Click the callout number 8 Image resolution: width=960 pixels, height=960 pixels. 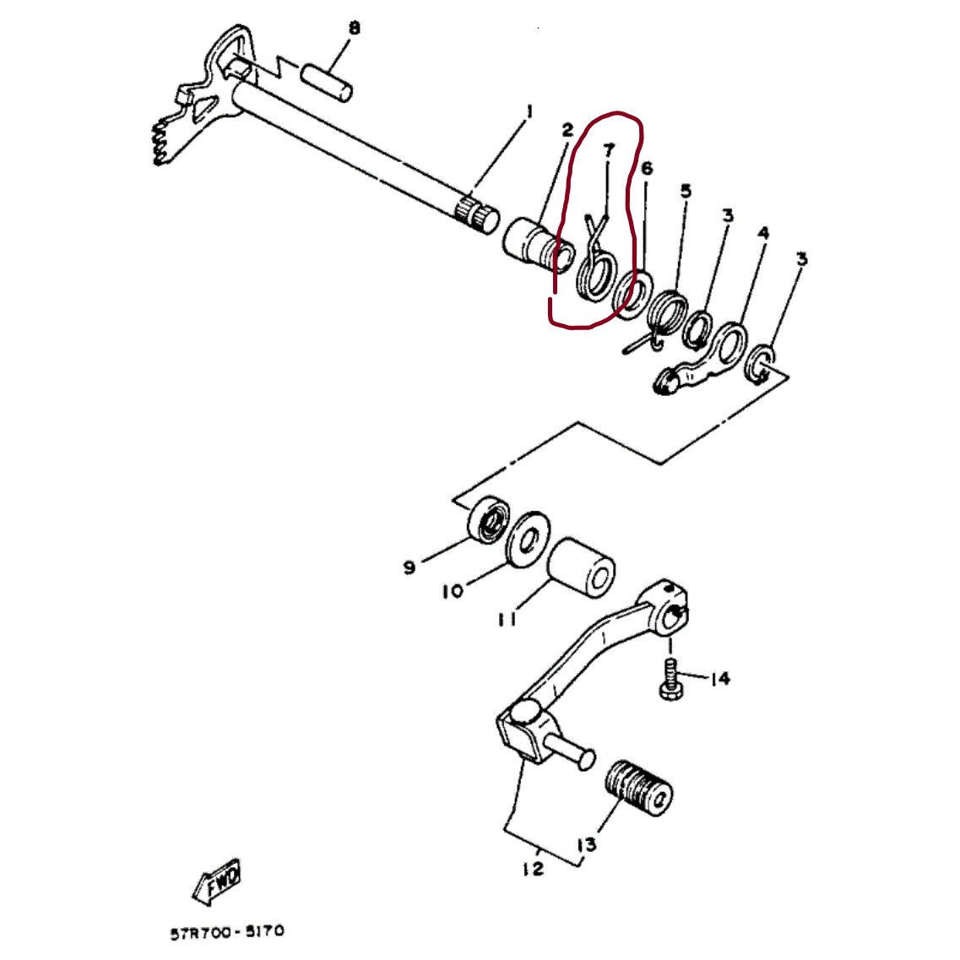click(354, 28)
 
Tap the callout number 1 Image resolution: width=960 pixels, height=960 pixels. click(529, 111)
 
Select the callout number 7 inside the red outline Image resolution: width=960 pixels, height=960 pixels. click(608, 150)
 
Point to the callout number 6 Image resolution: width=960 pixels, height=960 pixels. click(647, 168)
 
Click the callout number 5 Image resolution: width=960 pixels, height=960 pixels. click(686, 191)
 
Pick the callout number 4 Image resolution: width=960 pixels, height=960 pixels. click(763, 233)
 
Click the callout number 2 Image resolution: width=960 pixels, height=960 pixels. click(567, 130)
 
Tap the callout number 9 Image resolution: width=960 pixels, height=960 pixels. click(409, 567)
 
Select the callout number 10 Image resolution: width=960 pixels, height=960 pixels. click(453, 591)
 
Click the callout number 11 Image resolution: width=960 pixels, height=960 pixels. click(507, 620)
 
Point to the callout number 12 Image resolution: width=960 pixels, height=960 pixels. click(534, 868)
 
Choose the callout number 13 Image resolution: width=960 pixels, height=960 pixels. click(587, 845)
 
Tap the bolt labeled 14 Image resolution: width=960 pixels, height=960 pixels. click(670, 680)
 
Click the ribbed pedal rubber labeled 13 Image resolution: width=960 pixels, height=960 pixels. click(638, 789)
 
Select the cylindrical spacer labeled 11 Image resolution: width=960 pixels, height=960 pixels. click(580, 568)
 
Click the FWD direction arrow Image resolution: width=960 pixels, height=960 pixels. click(217, 882)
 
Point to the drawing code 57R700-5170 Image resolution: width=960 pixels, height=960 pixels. click(227, 933)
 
